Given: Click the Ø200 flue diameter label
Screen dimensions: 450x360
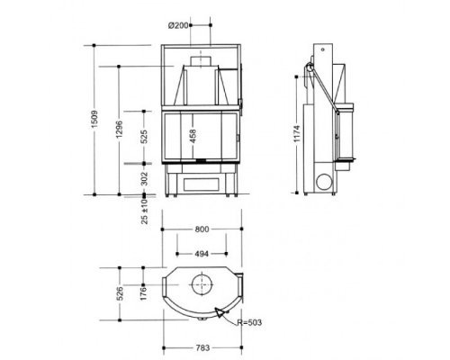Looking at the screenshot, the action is tap(178, 25).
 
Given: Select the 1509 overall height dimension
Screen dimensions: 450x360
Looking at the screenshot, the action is tap(94, 120).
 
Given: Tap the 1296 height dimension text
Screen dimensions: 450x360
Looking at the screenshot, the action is tap(119, 130).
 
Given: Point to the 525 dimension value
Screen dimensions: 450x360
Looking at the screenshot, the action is tap(144, 137).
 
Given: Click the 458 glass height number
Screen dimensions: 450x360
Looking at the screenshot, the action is tap(193, 136).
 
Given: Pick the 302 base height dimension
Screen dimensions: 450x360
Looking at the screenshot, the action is tap(144, 178).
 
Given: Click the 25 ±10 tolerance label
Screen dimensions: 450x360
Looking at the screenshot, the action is tap(145, 211).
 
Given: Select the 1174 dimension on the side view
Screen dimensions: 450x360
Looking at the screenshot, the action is tap(297, 133).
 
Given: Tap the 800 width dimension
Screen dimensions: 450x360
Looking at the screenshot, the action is tap(202, 229).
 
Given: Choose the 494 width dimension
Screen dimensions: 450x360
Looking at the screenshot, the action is tap(202, 254).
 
